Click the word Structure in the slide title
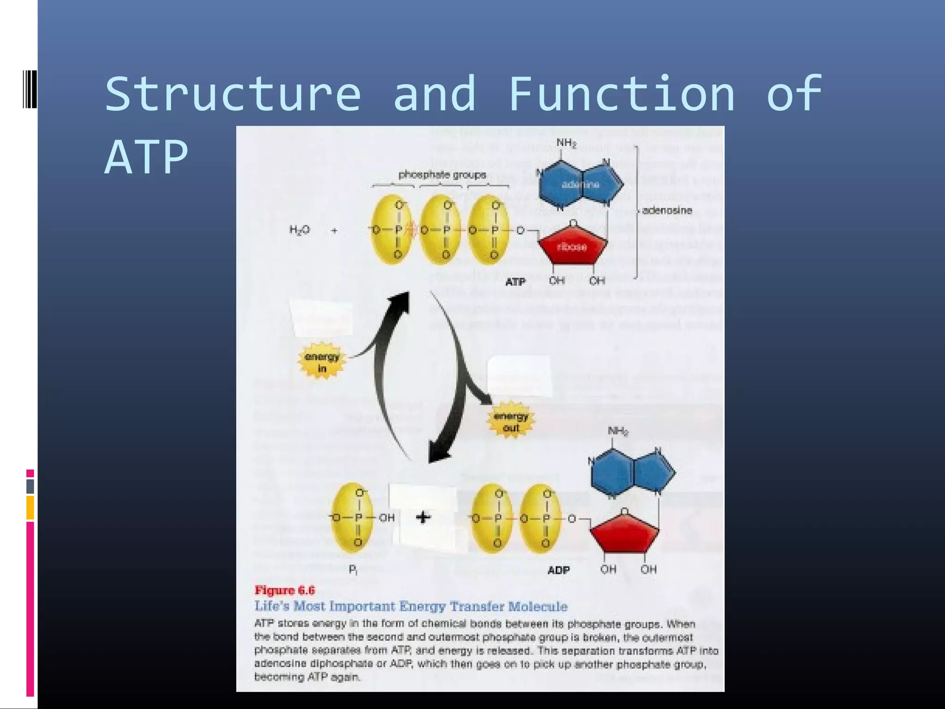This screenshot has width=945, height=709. [233, 94]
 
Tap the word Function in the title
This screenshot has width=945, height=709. [622, 94]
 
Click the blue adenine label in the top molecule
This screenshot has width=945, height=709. [580, 185]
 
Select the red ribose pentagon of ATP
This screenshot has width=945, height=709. [572, 246]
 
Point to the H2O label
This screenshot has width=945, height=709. [299, 230]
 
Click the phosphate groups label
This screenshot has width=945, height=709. [442, 174]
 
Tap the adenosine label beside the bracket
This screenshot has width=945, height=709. [667, 210]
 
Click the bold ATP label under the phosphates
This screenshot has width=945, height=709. [515, 282]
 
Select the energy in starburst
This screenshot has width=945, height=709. [322, 362]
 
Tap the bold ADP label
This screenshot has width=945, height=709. [558, 571]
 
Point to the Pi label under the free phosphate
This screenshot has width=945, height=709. [353, 570]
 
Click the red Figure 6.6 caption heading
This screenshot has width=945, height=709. [285, 590]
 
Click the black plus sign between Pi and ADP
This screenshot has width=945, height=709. [423, 517]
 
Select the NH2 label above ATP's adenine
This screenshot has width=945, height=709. [566, 143]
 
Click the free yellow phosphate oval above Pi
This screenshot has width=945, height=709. [353, 517]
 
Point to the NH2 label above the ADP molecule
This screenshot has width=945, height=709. [617, 431]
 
